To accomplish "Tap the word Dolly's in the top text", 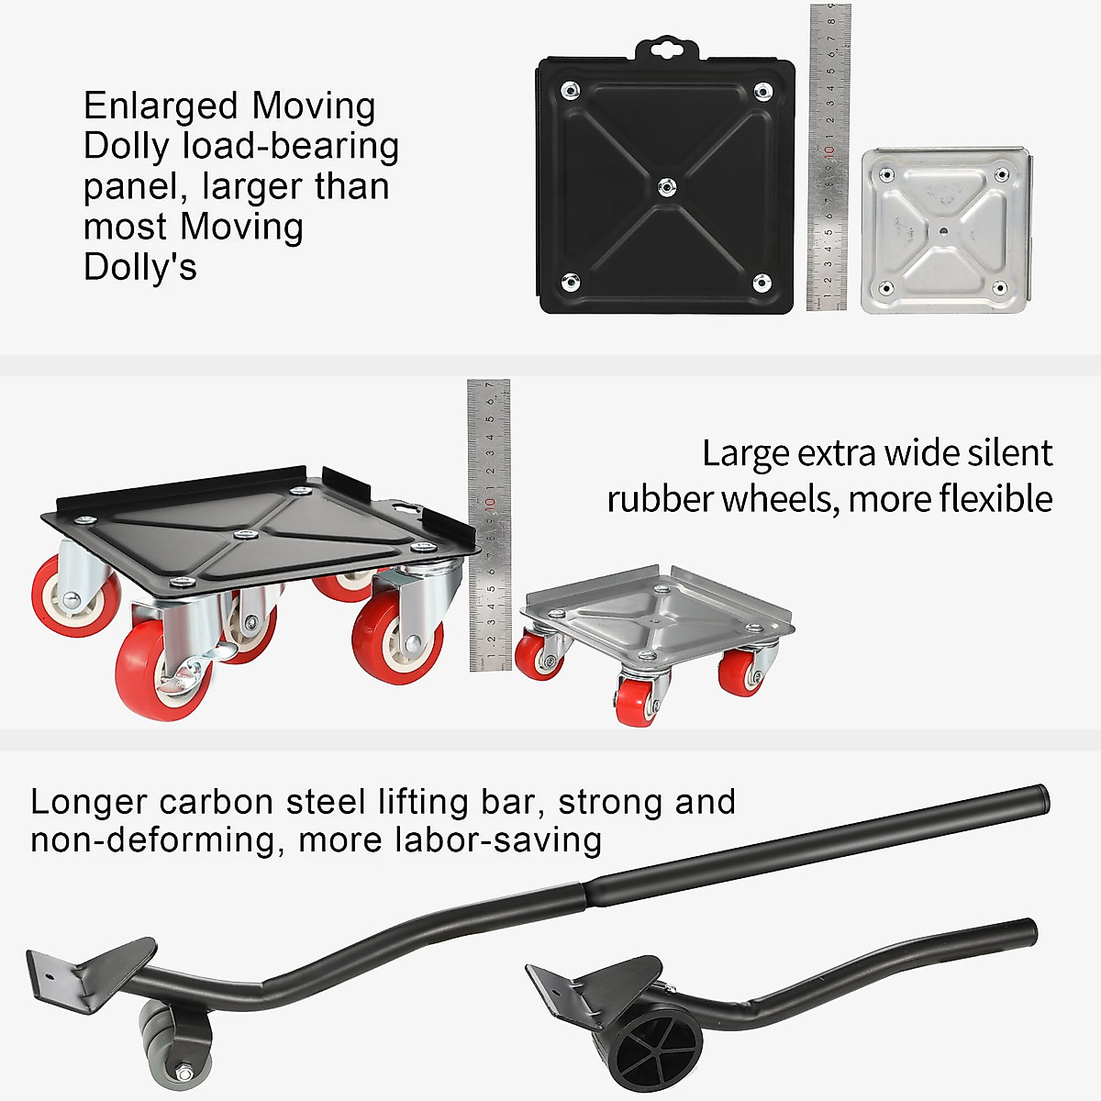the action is (139, 267).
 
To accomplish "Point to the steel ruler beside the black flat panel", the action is (829, 156).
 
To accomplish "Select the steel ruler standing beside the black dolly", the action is (489, 523).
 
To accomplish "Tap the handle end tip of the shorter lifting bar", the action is (1030, 933).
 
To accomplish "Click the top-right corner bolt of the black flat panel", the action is (762, 91).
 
